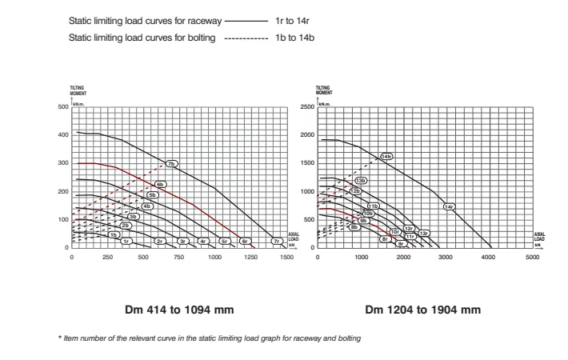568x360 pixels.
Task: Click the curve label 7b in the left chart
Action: point(171,163)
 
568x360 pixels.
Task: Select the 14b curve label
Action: point(386,156)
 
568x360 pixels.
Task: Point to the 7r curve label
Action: point(276,240)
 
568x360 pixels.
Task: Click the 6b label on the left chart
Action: point(159,184)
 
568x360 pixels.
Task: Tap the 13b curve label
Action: point(361,181)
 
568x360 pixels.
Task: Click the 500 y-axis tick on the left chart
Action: point(62,106)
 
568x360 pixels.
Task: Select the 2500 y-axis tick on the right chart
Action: point(306,106)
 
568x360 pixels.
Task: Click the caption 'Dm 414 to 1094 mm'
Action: point(179,310)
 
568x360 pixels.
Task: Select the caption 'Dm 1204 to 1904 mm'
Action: point(423,310)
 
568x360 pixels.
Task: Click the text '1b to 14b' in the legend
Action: point(294,38)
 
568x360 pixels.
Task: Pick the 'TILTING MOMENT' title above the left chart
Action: point(78,90)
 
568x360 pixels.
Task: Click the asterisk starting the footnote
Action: point(61,338)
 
